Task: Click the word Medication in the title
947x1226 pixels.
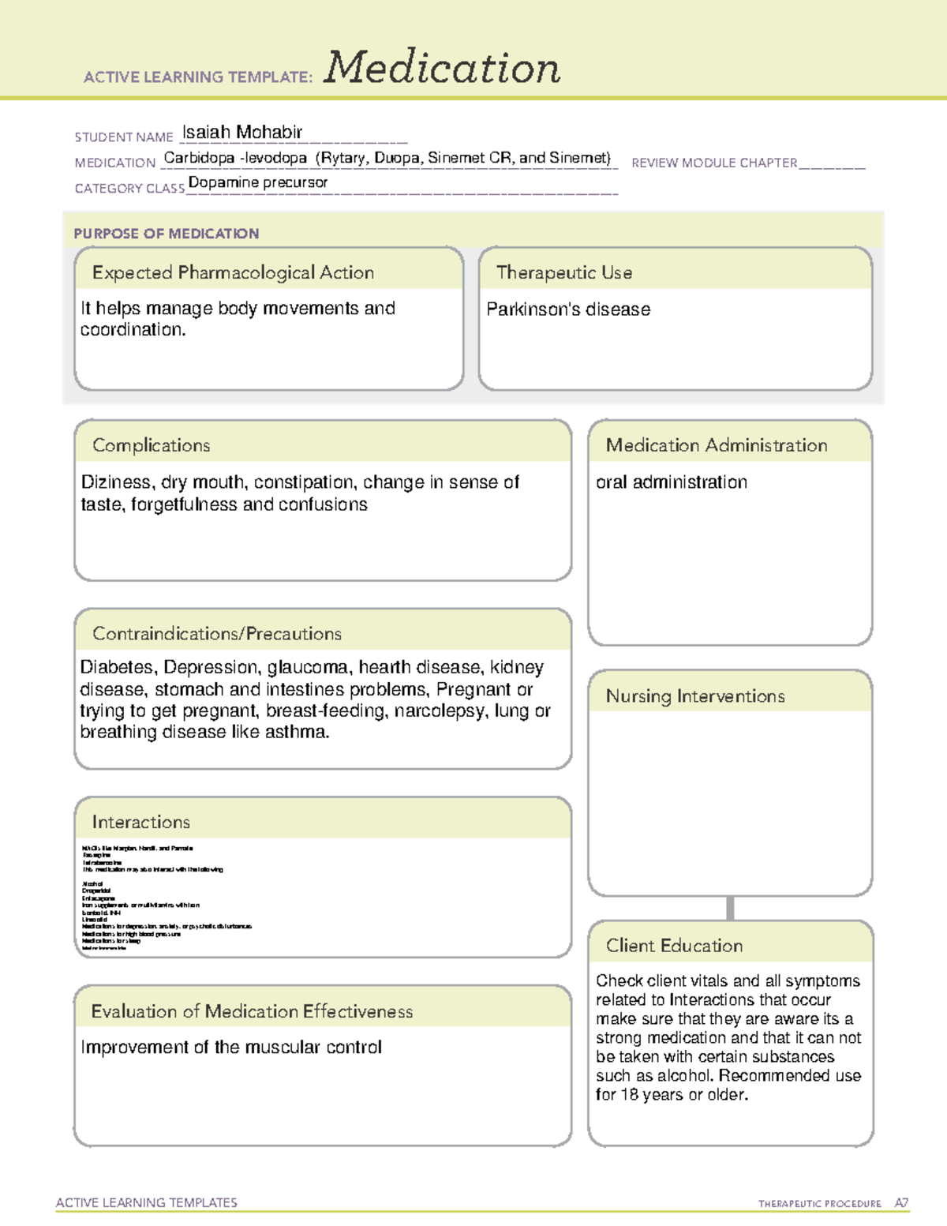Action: (x=442, y=68)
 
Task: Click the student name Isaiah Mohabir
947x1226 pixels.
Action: (x=242, y=133)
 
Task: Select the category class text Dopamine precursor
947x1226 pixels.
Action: (x=258, y=183)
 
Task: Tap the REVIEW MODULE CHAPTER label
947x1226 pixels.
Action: (x=714, y=163)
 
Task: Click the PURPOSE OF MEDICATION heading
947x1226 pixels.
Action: (x=167, y=234)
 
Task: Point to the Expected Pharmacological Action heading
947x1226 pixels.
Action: (x=233, y=272)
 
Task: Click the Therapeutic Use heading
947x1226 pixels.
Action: (x=564, y=272)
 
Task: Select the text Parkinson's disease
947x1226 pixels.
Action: (x=568, y=309)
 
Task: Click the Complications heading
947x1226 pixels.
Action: (x=152, y=445)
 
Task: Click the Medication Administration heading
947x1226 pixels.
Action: (x=717, y=445)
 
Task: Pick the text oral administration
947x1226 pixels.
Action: (x=672, y=482)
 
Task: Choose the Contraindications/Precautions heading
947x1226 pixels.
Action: (x=217, y=633)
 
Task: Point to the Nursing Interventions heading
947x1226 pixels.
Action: (x=695, y=696)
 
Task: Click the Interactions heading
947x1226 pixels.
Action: (x=141, y=822)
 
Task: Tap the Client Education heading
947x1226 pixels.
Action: (x=675, y=946)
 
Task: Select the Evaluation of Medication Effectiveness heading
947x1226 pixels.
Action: (x=252, y=1011)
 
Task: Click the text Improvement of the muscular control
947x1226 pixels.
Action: (x=231, y=1048)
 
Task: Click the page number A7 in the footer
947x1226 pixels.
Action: (x=901, y=1203)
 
